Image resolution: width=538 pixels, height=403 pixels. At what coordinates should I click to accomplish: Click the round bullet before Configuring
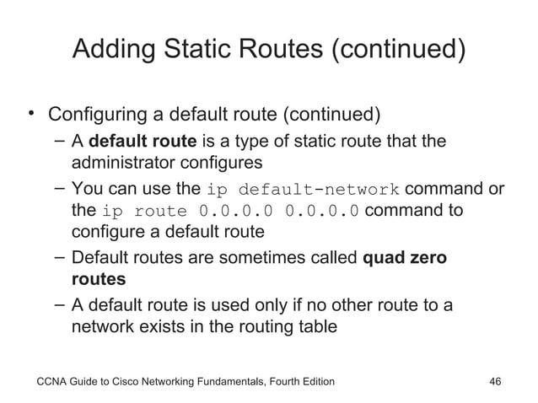point(30,111)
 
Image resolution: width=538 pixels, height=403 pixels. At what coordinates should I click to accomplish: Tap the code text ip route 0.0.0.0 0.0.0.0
point(233,210)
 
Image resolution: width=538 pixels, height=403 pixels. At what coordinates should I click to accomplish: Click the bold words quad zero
point(404,256)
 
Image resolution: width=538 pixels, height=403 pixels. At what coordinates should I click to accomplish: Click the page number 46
point(496,381)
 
